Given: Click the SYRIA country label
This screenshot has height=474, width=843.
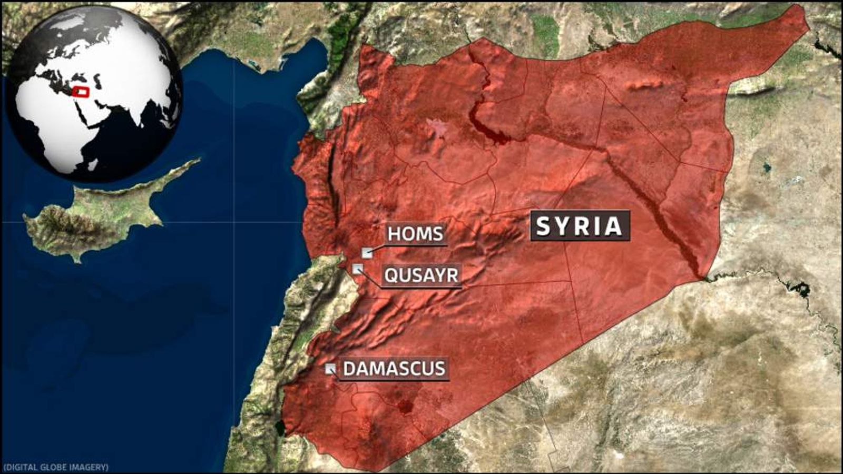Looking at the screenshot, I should [x=580, y=226].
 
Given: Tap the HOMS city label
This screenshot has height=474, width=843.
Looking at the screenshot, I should [x=415, y=234].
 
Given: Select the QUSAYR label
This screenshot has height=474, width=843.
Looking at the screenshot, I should [x=421, y=275].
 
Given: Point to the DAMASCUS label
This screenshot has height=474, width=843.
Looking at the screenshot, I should [x=394, y=368].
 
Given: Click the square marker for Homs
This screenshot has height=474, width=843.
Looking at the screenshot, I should [x=367, y=252].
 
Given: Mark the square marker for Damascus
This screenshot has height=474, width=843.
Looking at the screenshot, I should [x=330, y=368].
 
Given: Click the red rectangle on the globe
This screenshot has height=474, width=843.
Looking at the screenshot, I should [x=81, y=92].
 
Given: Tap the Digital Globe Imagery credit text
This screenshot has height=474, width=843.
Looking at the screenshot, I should [x=56, y=467].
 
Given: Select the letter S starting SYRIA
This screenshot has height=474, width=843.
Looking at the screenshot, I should [x=543, y=226].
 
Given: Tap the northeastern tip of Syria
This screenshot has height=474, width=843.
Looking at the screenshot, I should [x=803, y=16].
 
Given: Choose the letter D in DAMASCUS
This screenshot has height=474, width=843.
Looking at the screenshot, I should [x=349, y=368].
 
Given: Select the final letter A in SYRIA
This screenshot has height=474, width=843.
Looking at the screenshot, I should [x=614, y=226].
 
